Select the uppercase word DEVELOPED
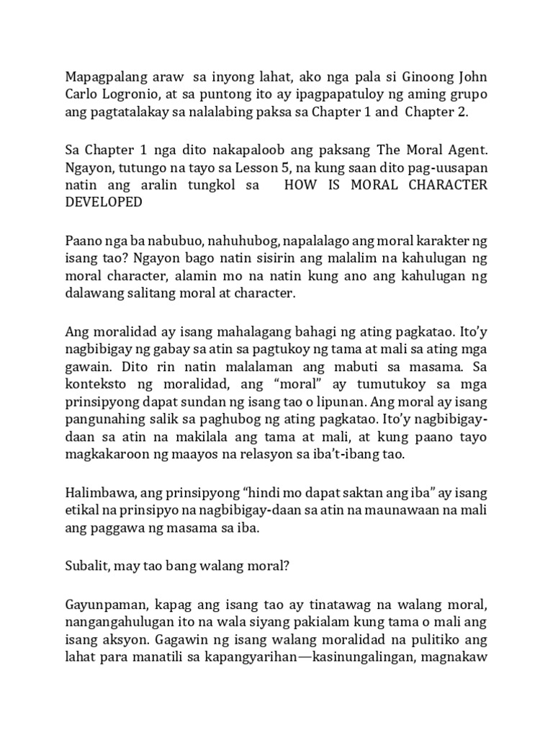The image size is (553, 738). point(104,203)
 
